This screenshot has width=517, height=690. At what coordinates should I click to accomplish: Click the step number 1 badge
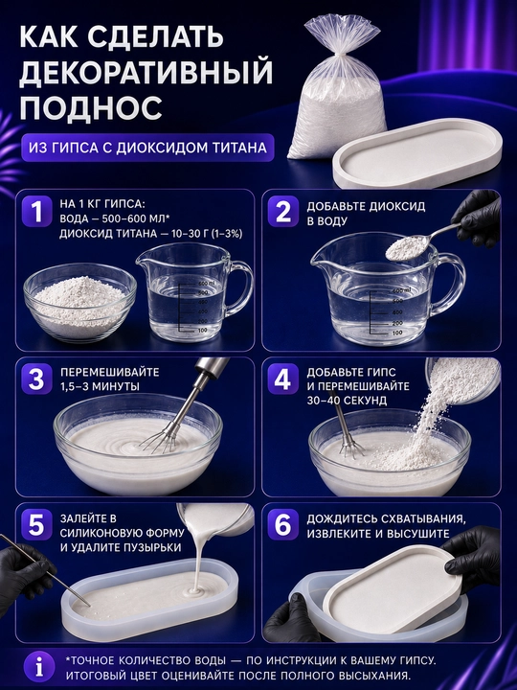pos(37,212)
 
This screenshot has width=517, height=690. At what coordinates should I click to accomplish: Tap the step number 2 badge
pos(282,212)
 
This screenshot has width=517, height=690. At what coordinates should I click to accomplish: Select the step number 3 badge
pos(37,379)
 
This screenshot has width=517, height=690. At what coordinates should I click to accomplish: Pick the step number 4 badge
pos(282,379)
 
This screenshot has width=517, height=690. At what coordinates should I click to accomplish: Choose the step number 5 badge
pos(37,525)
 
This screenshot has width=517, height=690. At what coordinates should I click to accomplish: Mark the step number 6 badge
pos(282,525)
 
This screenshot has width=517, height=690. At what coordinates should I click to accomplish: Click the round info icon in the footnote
pos(39,668)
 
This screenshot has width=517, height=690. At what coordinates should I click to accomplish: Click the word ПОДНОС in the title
pos(91,106)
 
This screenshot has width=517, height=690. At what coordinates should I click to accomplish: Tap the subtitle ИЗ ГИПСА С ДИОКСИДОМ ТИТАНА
pos(147,148)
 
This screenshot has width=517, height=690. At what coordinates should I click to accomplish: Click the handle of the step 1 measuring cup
pos(241,287)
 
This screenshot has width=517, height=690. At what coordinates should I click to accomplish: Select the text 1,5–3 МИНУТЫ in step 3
pos(101,386)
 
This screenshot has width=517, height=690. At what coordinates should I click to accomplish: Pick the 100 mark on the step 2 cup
pos(396,333)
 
